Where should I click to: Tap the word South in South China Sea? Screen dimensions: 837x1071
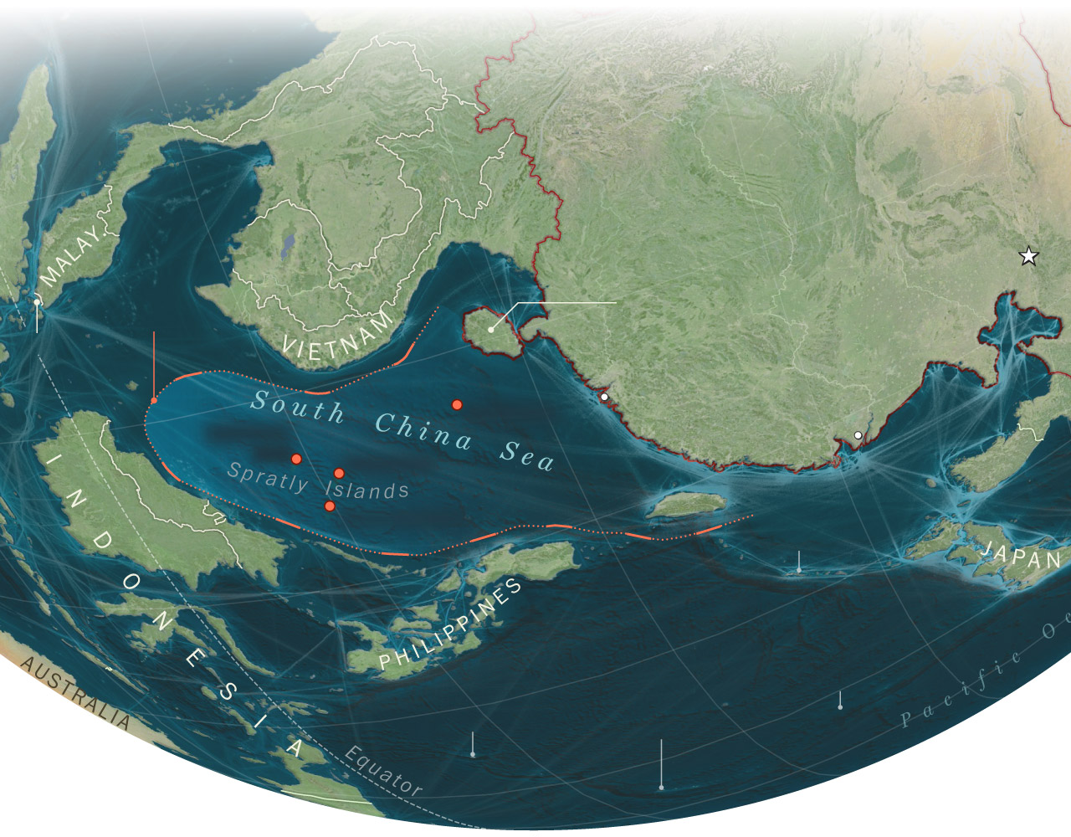coord(298,406)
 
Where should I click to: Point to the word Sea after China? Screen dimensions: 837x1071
coord(527,454)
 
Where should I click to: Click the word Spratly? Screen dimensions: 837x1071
coord(268,477)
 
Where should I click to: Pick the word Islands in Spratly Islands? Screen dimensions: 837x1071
coord(367,489)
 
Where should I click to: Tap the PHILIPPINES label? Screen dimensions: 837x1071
coord(451,624)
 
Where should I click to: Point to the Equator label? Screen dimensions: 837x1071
coord(383,770)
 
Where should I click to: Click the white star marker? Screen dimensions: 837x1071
coord(1028,257)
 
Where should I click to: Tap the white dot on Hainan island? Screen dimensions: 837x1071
coord(491,330)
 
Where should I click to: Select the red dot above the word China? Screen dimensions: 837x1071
coord(457,405)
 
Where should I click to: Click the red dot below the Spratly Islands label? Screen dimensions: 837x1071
coord(330,506)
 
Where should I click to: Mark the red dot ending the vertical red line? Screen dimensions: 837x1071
coord(154,400)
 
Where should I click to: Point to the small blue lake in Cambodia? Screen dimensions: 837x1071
coord(289,244)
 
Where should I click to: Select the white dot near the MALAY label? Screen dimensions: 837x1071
coord(37,302)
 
